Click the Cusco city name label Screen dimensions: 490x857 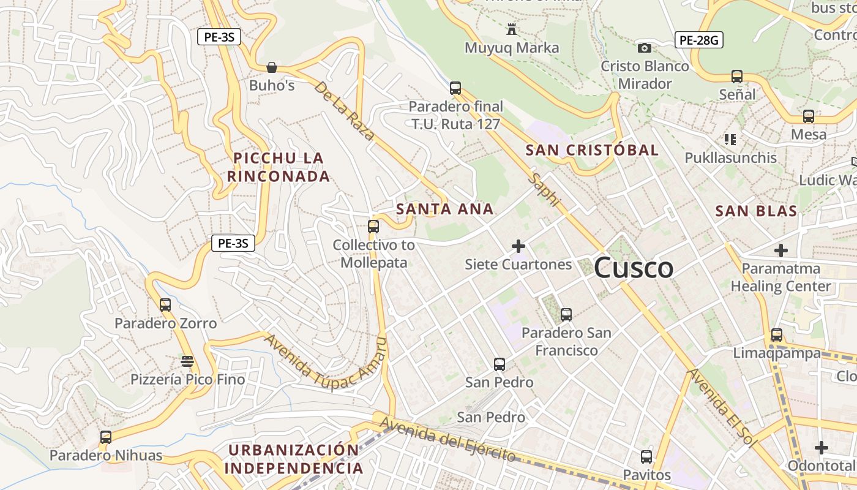[x=634, y=268]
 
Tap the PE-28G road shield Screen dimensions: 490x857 [x=699, y=40]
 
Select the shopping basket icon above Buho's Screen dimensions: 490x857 [x=272, y=67]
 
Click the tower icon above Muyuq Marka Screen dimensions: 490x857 [x=512, y=29]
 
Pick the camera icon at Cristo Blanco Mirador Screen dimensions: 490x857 [x=644, y=48]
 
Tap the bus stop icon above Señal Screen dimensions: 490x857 [x=737, y=77]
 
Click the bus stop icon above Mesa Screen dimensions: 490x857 [x=809, y=116]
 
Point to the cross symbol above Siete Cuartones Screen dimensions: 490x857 [x=518, y=247]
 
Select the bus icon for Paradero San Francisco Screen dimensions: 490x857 [x=566, y=315]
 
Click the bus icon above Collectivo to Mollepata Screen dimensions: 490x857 [x=373, y=227]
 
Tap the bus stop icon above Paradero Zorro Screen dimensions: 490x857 [x=165, y=305]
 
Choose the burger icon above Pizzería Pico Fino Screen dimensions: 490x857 [x=187, y=361]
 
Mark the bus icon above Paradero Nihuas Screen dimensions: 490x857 [x=106, y=437]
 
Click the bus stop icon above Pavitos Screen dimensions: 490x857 [x=646, y=457]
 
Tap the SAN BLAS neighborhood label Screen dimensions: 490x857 [x=756, y=211]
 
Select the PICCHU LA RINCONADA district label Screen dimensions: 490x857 [x=279, y=167]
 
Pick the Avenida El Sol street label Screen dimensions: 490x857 [x=722, y=408]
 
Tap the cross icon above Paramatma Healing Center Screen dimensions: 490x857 [x=781, y=251]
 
